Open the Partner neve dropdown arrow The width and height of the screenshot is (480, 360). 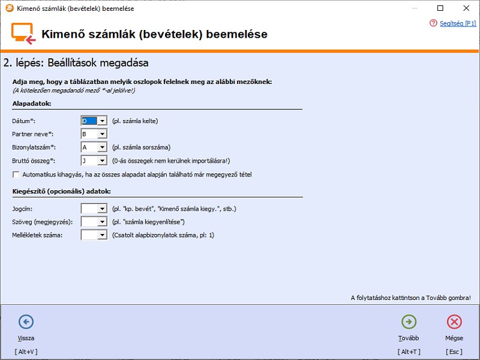(102, 134)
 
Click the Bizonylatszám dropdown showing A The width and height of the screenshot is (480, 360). (94, 147)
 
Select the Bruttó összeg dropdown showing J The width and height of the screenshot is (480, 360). (94, 160)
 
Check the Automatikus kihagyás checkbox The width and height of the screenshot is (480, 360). (16, 175)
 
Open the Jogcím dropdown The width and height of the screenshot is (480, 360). (94, 209)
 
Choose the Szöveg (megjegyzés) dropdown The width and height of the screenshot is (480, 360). (94, 222)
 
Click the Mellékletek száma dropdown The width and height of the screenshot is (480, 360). (94, 235)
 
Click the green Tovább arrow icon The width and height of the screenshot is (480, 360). (409, 322)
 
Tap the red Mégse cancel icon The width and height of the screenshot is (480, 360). (454, 322)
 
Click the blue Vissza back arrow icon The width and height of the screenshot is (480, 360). (26, 322)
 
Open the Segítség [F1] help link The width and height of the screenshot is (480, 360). (457, 23)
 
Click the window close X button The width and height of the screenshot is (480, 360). (466, 8)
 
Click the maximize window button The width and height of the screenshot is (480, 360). (440, 8)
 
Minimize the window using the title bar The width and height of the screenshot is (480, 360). (414, 8)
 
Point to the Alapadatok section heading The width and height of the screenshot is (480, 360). (32, 104)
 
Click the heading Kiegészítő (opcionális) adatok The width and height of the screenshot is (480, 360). (61, 191)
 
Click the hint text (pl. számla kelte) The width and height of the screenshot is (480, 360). (135, 121)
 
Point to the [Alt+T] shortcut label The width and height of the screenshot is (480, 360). (409, 351)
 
